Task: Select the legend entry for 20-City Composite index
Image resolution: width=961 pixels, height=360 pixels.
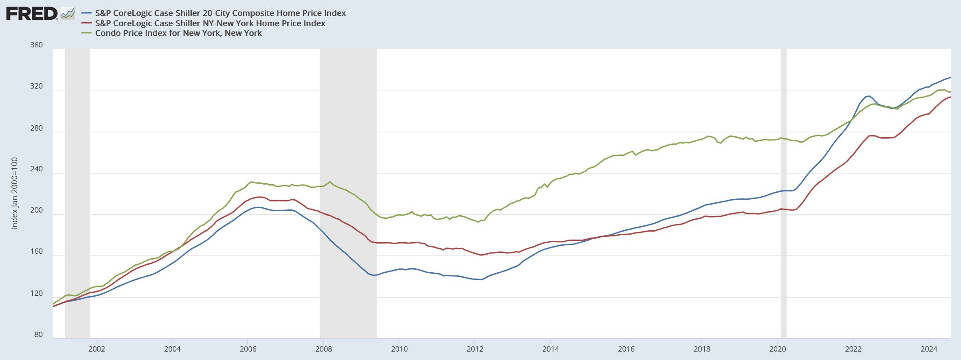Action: point(220,13)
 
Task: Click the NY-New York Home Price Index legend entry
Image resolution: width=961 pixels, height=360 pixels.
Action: point(210,23)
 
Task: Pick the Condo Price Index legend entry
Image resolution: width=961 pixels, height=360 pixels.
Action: point(178,33)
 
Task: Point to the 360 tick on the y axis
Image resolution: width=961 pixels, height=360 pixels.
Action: point(37,45)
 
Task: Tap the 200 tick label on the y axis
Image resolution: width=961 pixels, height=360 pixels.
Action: point(37,210)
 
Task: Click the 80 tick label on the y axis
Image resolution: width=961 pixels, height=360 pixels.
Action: point(39,335)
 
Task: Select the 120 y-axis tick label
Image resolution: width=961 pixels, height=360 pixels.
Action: point(37,294)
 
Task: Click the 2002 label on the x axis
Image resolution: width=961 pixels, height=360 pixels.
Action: point(97,349)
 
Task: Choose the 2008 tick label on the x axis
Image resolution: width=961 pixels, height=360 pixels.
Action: point(324,349)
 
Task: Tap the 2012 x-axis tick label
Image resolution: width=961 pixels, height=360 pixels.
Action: point(475,349)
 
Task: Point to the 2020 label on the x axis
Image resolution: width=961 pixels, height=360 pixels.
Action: point(778,349)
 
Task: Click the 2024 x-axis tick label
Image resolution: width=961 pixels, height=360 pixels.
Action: point(929,349)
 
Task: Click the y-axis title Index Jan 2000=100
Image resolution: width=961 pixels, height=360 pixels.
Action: point(15,193)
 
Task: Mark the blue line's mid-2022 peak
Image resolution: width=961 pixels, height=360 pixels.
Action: point(868,96)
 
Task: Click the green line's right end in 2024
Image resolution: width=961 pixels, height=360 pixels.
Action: point(950,92)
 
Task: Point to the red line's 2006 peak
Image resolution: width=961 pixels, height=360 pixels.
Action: point(259,197)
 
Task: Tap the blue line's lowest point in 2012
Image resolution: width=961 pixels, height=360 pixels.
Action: point(481,279)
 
